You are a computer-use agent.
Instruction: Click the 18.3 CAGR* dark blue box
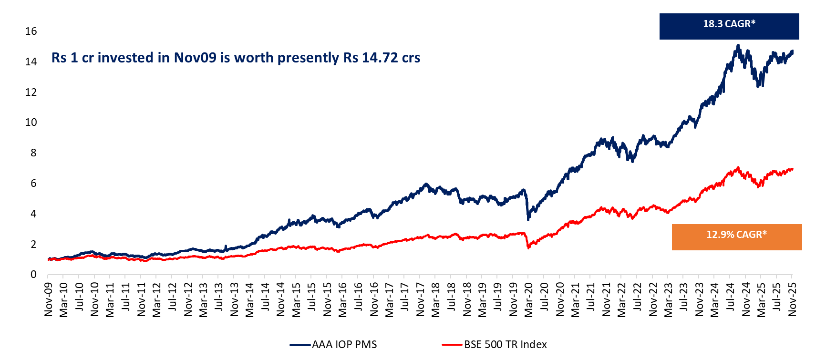point(729,26)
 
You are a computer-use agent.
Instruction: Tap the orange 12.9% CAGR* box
point(736,237)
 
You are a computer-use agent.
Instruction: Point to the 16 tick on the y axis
point(31,31)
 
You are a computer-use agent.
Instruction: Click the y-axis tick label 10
point(31,123)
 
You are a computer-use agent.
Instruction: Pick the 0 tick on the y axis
point(33,275)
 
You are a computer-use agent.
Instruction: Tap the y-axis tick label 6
point(33,184)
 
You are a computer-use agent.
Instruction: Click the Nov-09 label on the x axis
point(49,299)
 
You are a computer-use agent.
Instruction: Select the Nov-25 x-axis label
point(793,299)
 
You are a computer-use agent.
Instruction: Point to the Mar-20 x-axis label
point(529,299)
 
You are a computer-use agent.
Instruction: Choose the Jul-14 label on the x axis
point(265,299)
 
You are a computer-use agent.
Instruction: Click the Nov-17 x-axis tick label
point(420,299)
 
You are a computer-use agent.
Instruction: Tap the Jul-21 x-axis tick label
point(591,299)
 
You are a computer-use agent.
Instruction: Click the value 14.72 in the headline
point(380,58)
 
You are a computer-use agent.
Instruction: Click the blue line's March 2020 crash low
point(528,219)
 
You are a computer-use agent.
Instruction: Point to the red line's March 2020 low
point(528,248)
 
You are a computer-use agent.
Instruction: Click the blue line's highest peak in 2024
point(738,46)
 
